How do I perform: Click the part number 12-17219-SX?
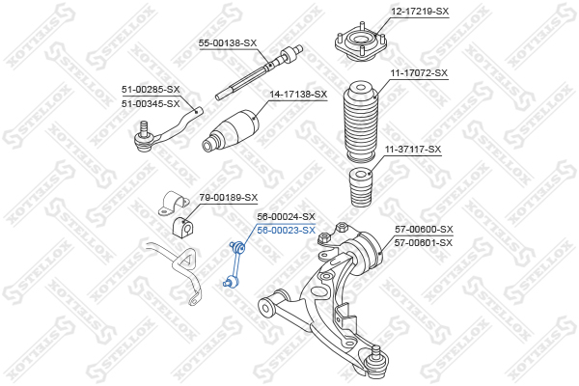pyautogui.click(x=420, y=12)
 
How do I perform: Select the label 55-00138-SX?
pyautogui.click(x=228, y=43)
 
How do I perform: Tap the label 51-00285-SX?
pyautogui.click(x=151, y=90)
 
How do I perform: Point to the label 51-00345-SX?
pyautogui.click(x=151, y=104)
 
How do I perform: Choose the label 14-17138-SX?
pyautogui.click(x=298, y=95)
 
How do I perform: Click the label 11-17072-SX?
pyautogui.click(x=419, y=73)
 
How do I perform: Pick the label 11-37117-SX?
pyautogui.click(x=413, y=150)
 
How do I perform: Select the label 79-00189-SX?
pyautogui.click(x=229, y=198)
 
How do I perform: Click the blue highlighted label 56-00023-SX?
pyautogui.click(x=287, y=231)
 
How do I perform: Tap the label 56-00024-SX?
pyautogui.click(x=287, y=216)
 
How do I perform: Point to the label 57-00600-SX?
pyautogui.click(x=424, y=230)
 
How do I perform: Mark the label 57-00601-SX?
pyautogui.click(x=424, y=243)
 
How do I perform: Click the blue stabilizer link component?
pyautogui.click(x=234, y=263)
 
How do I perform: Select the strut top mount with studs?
pyautogui.click(x=361, y=41)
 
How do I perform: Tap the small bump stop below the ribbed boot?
pyautogui.click(x=361, y=186)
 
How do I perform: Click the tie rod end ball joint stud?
pyautogui.click(x=144, y=127)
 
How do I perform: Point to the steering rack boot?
pyautogui.click(x=231, y=130)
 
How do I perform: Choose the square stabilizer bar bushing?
pyautogui.click(x=182, y=226)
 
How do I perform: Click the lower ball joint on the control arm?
pyautogui.click(x=376, y=362)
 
